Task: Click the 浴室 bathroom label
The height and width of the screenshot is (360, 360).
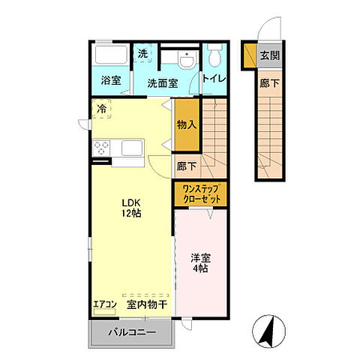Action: point(111,80)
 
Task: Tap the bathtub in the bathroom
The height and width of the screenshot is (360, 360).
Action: point(112,55)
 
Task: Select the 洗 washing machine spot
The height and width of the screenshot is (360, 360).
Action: point(142,54)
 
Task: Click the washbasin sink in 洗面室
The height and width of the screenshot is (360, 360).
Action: point(187,60)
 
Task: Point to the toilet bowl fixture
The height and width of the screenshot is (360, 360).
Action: point(215,55)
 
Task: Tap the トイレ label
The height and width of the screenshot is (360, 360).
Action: point(214,79)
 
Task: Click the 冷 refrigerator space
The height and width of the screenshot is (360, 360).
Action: point(101,109)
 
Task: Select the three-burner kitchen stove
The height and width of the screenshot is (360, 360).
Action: point(101,148)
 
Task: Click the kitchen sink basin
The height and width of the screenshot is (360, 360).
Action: point(132,148)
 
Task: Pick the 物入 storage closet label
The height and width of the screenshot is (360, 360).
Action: point(187,124)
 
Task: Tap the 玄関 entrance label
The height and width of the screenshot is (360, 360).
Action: point(270,55)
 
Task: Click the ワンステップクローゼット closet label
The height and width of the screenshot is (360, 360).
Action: point(202,194)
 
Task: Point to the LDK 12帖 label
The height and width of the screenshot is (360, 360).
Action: point(131,208)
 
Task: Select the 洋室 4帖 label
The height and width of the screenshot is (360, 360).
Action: point(200,263)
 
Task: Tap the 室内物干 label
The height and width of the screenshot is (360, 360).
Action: point(147,304)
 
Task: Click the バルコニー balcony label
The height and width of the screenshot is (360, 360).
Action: point(132,332)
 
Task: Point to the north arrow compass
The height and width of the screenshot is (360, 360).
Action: point(269,331)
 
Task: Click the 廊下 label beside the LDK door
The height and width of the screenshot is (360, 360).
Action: point(187,166)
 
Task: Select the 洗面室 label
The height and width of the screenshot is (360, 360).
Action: point(163,83)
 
